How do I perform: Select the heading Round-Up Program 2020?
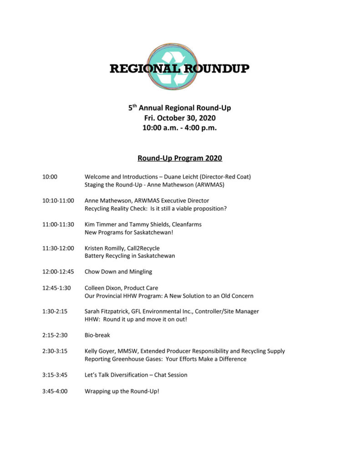click(180, 158)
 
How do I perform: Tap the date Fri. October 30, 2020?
click(180, 118)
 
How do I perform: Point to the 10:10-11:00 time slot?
click(58, 201)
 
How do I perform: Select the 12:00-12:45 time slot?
click(58, 272)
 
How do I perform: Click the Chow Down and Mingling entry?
click(118, 272)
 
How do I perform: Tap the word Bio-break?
click(97, 335)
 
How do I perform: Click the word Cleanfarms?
click(187, 224)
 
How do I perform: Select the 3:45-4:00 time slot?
click(55, 391)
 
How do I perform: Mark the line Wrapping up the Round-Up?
click(122, 391)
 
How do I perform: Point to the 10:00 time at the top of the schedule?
click(50, 177)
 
